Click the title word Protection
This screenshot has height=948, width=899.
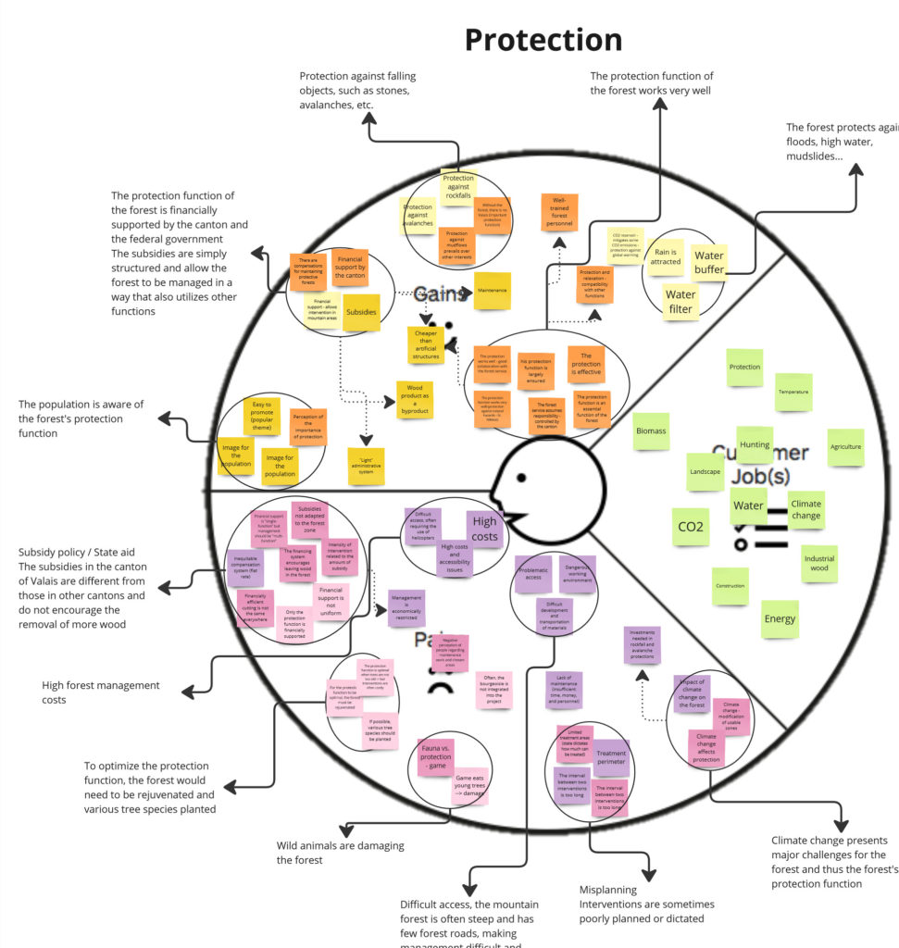tap(543, 40)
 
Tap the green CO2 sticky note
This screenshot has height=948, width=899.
tap(690, 527)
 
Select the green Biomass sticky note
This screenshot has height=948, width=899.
tap(651, 431)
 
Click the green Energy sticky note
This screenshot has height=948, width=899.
tap(780, 618)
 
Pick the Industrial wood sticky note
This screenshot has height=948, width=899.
tap(818, 563)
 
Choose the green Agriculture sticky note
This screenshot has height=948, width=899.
tap(845, 447)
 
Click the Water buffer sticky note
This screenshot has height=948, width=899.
tap(709, 263)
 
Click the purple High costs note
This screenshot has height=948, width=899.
tap(484, 530)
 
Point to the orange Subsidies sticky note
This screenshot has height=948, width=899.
tap(361, 313)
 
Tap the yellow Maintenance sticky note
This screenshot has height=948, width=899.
tap(492, 291)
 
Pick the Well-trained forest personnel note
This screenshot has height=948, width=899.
tap(559, 212)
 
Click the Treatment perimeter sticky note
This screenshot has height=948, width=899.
tap(611, 758)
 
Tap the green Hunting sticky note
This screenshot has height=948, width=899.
tap(755, 444)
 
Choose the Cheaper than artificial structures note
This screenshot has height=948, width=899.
tap(426, 344)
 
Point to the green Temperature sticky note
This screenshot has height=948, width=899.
tap(793, 393)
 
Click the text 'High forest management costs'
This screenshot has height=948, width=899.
tap(101, 692)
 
